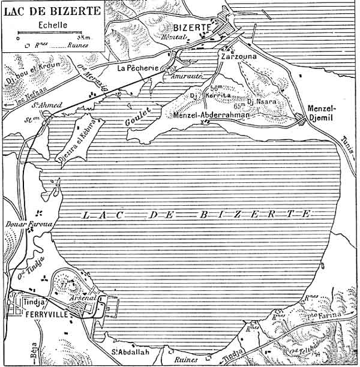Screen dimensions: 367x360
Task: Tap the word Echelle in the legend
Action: pyautogui.click(x=52, y=25)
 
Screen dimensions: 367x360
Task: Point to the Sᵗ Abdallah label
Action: pyautogui.click(x=128, y=351)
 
